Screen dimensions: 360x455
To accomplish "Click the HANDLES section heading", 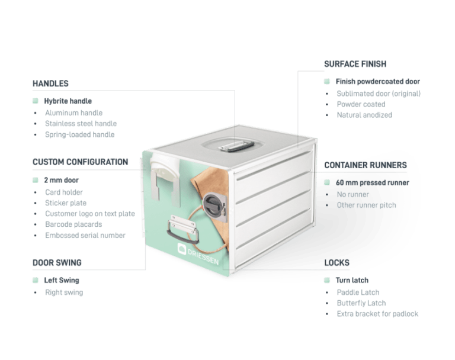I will point(51,83).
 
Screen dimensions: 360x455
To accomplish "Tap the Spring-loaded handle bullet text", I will point(79,134).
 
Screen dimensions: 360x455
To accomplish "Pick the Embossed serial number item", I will point(85,235).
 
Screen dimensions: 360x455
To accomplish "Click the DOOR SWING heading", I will point(57,262).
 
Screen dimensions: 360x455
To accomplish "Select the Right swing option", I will point(64,292).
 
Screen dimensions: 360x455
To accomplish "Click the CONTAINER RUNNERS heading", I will point(365,165).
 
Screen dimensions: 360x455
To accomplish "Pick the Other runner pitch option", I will point(366,205).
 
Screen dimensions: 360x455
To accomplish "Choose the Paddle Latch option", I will point(358,292).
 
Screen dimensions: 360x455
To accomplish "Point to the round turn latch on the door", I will point(212,206).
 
